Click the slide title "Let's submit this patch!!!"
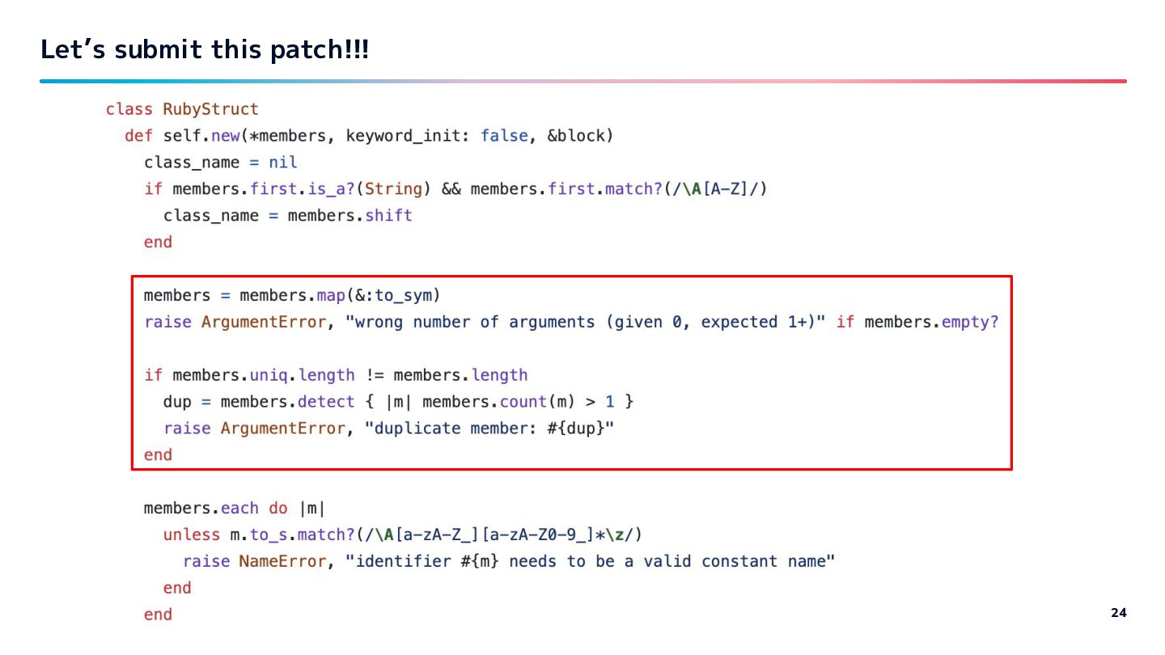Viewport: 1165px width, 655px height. pos(205,49)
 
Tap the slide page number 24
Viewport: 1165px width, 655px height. pos(1119,612)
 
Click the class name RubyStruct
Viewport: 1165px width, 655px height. pos(210,109)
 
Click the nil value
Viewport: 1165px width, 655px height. pos(282,163)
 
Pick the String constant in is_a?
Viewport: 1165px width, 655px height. pos(393,189)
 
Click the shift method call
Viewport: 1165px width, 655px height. pos(388,216)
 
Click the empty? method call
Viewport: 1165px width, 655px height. pos(970,322)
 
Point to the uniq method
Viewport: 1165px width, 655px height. pos(269,375)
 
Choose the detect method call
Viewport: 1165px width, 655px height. pos(326,402)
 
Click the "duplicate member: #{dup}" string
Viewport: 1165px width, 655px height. pos(489,429)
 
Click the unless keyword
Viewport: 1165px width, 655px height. pos(192,535)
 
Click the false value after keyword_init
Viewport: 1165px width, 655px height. pos(504,136)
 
